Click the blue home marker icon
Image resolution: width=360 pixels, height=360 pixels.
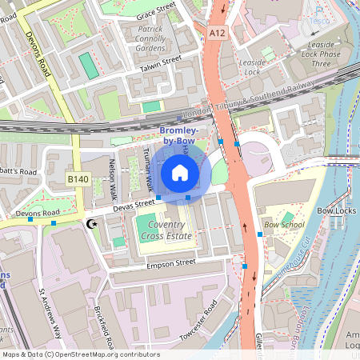180,172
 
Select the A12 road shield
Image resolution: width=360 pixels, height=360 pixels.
216,32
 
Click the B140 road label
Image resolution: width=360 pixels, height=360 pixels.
77,180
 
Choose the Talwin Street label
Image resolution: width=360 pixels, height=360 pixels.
159,62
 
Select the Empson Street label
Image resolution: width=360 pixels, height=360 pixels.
169,262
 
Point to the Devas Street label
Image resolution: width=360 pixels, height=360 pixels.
132,205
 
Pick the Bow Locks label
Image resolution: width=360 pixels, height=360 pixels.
335,210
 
